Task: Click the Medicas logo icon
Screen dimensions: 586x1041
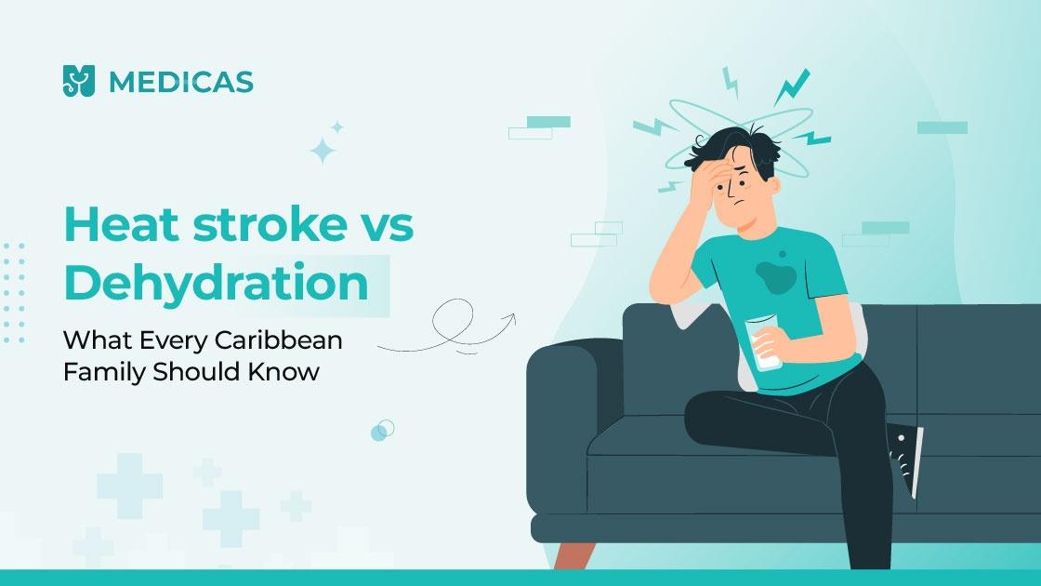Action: [79, 82]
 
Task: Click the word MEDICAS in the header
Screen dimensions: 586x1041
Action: [180, 83]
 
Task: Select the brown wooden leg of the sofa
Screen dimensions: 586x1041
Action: [569, 555]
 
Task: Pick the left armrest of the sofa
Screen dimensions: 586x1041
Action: [561, 391]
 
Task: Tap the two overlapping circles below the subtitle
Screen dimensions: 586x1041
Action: [382, 430]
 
